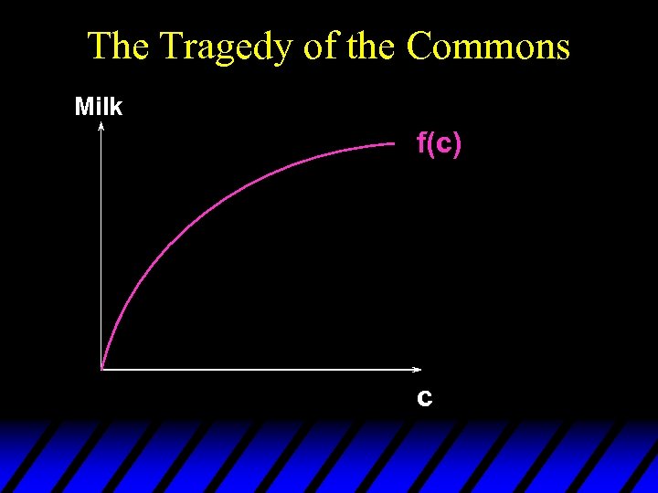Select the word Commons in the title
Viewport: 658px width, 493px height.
point(488,47)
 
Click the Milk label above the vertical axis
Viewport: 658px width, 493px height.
point(99,107)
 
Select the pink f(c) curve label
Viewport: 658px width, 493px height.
point(439,143)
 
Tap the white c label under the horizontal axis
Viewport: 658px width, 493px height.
point(425,398)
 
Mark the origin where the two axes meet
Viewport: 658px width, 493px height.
point(101,370)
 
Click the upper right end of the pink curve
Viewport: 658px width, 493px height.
point(394,142)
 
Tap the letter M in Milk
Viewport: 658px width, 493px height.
point(84,107)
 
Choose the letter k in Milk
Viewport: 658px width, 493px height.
point(116,107)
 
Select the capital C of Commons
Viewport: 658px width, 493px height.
point(421,47)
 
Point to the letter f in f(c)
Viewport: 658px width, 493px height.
point(421,143)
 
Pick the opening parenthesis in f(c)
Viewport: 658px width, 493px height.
point(430,144)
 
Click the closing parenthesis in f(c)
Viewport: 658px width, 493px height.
point(456,144)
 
